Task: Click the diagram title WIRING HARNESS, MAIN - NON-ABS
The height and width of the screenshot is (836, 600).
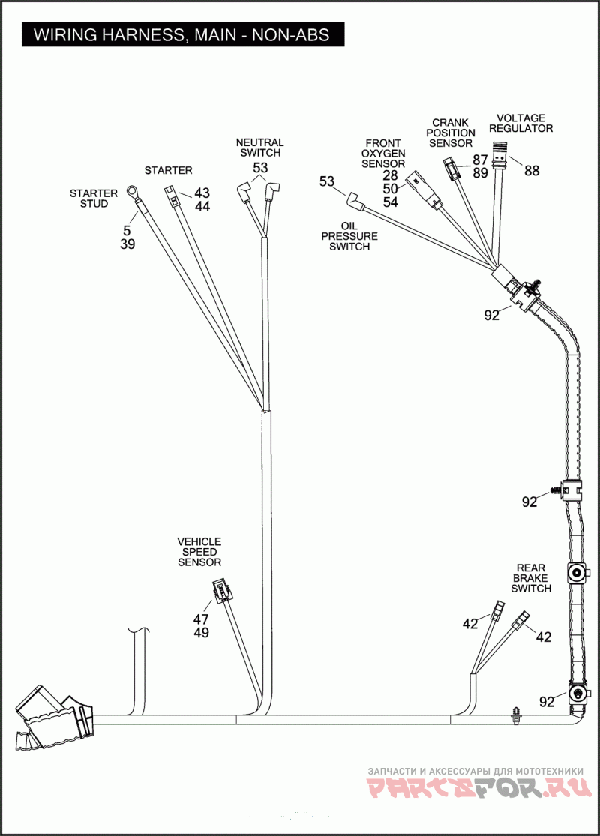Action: [181, 34]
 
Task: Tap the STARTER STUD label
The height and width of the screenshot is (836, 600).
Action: [93, 199]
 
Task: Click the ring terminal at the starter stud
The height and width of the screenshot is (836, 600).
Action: [131, 191]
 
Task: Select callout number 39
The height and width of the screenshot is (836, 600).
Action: [127, 244]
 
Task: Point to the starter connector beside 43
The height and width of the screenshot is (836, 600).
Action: [170, 195]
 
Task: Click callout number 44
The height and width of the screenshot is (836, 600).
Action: [202, 206]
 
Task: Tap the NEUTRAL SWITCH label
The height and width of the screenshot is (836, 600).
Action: [259, 148]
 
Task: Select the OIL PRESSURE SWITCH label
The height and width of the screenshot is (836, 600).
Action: [349, 236]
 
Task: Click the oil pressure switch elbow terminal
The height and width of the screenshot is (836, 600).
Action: [355, 201]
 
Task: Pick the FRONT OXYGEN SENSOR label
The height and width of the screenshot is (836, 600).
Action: [383, 154]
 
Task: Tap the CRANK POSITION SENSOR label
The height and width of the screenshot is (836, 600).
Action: [451, 133]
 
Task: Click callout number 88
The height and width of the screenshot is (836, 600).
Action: [532, 171]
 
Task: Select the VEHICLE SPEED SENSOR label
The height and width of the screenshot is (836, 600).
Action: [199, 552]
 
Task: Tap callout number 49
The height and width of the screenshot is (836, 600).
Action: [201, 633]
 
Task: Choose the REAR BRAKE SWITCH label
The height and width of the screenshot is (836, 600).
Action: [531, 579]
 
